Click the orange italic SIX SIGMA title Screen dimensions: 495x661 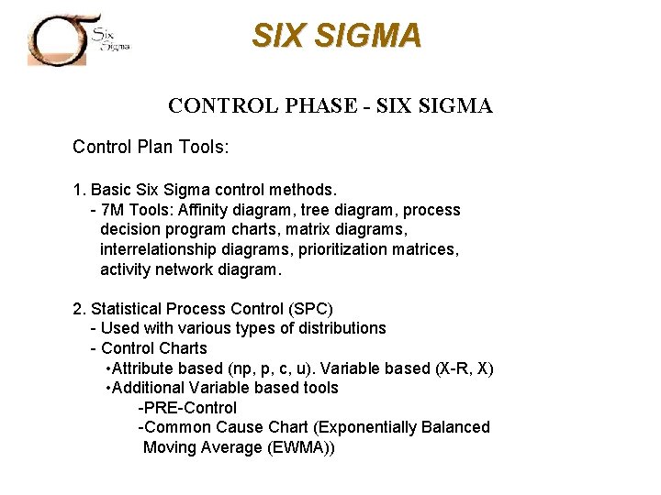pyautogui.click(x=337, y=36)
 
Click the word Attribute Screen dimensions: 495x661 pyautogui.click(x=144, y=368)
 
